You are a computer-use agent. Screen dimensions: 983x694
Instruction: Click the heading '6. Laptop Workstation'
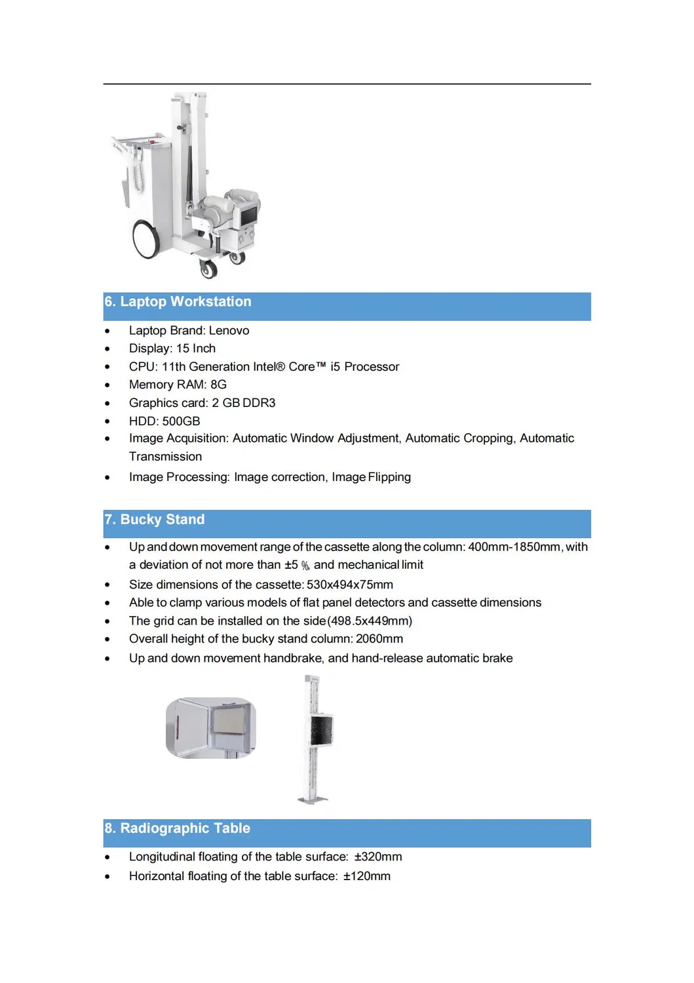click(x=178, y=301)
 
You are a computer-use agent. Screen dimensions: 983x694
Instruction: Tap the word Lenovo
click(x=229, y=331)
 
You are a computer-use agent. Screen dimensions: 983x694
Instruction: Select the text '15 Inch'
click(x=195, y=349)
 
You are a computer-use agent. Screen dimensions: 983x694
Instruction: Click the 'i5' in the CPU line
click(x=335, y=367)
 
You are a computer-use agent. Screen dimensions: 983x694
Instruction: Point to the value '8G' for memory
click(x=218, y=385)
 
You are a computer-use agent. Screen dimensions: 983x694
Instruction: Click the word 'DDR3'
click(x=259, y=403)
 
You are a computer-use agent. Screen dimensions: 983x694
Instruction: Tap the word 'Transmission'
click(x=165, y=457)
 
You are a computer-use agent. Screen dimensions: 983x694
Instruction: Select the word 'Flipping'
click(x=389, y=477)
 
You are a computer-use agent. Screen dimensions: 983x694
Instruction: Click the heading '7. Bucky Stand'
click(x=155, y=520)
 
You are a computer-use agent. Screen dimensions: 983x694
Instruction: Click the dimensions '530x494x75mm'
click(x=349, y=585)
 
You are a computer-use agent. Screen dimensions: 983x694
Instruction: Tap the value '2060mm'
click(x=379, y=639)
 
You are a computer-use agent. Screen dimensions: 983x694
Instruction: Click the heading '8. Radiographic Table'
click(x=178, y=828)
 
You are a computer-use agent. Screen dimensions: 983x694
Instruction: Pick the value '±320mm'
click(x=378, y=857)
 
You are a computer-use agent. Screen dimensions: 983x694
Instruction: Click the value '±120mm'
click(x=366, y=876)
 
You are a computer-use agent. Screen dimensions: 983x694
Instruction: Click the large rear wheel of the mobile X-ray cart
click(x=145, y=239)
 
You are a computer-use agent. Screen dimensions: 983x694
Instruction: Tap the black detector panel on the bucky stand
click(x=321, y=730)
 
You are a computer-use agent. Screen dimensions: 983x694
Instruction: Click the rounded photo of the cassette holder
click(x=211, y=728)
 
